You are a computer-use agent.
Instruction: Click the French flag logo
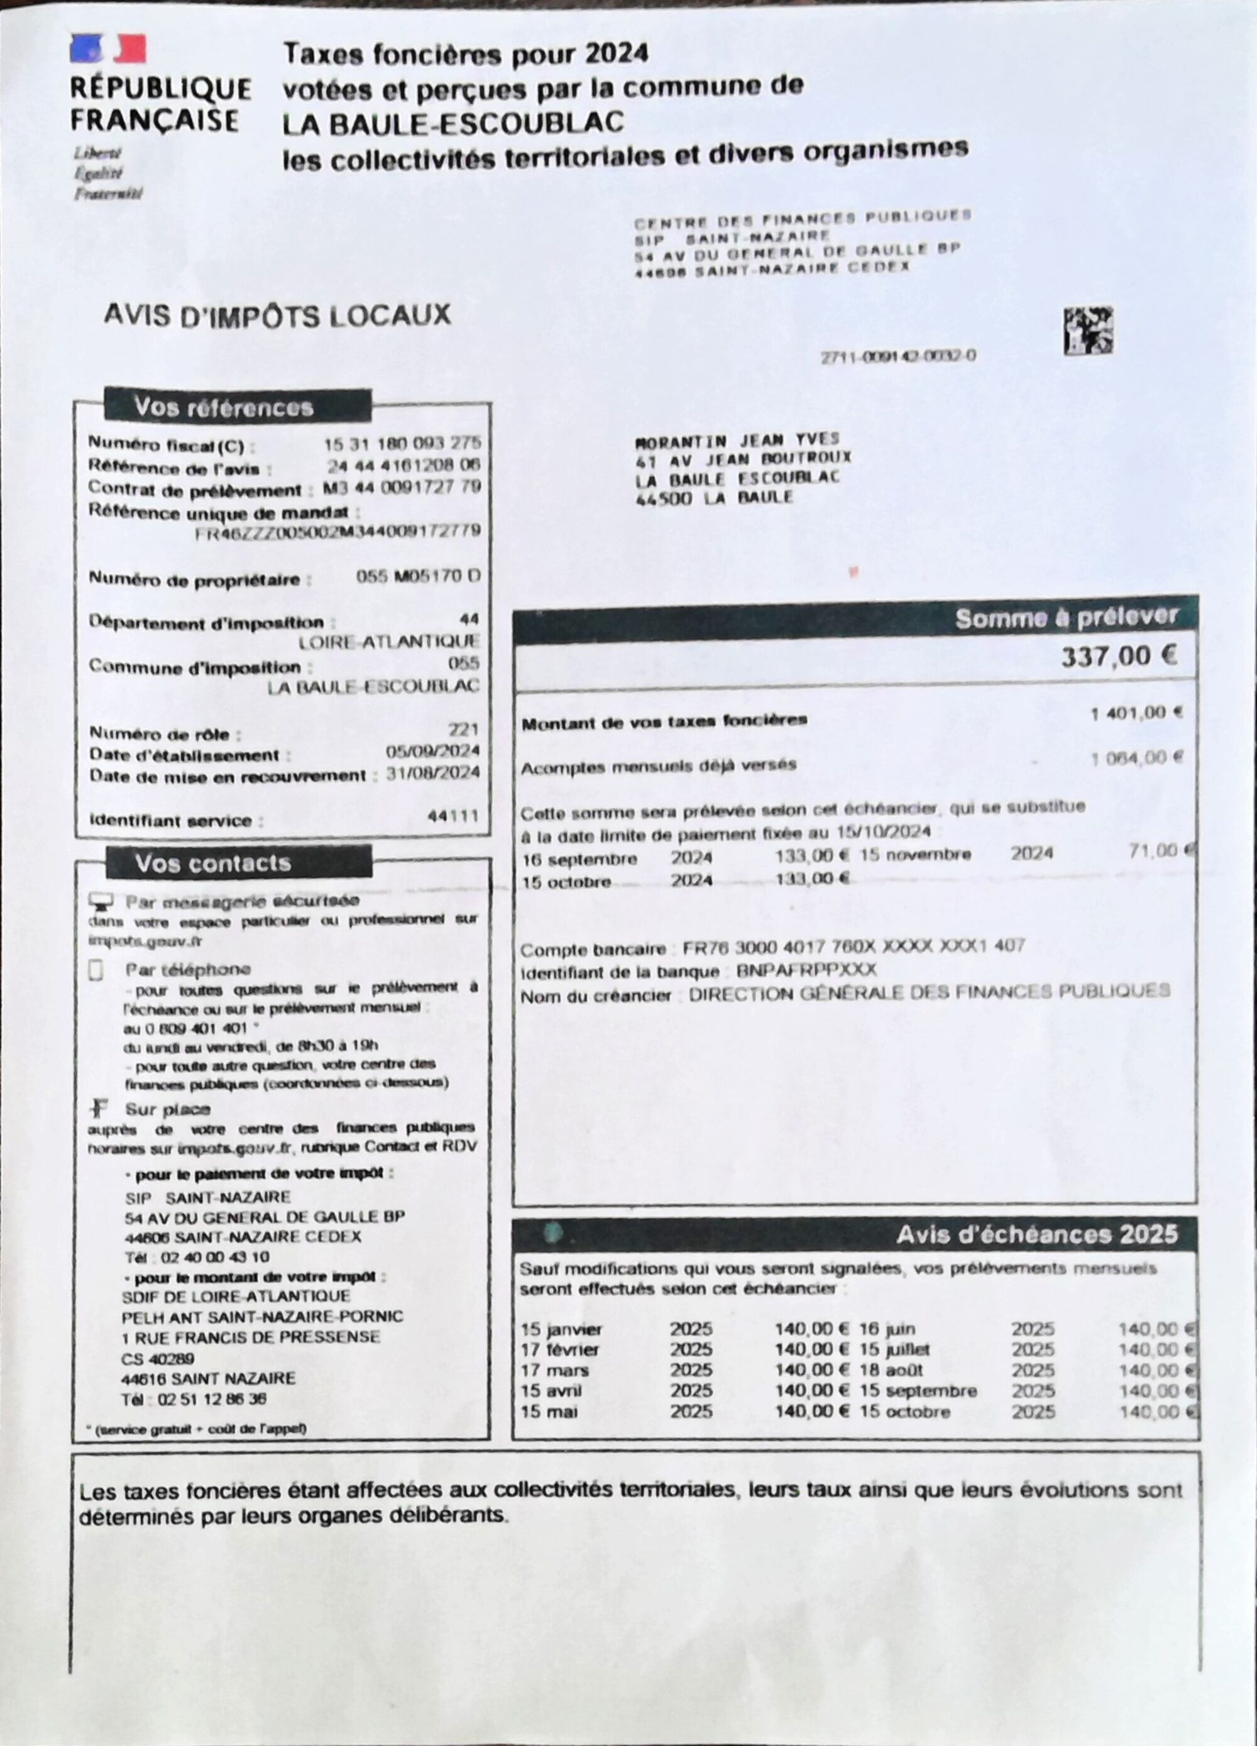[107, 48]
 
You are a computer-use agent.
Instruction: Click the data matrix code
[1089, 331]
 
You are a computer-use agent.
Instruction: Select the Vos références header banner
[238, 406]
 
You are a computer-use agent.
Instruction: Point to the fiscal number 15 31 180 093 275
[402, 444]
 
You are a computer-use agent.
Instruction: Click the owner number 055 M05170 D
[418, 576]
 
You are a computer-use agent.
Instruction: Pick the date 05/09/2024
[432, 751]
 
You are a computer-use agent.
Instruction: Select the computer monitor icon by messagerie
[100, 901]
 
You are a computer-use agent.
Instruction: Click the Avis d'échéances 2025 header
[1036, 1234]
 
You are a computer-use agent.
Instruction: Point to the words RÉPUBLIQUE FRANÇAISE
[160, 105]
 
